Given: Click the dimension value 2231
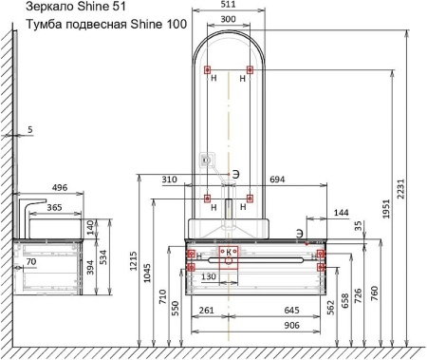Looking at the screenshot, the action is pos(400,189).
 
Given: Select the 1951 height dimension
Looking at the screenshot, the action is pos(386,209).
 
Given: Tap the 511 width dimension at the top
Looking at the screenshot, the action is pos(229,4).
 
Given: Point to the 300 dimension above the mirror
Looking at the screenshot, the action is pos(228,19).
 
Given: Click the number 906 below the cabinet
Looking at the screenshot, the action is pos(291,325).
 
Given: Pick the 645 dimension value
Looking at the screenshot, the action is pos(291,310).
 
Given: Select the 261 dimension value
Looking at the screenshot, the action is pos(207,310).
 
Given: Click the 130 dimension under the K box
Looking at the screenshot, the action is pos(209,276).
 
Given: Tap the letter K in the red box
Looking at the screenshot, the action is pos(229,252).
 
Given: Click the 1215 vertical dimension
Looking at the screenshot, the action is pos(133,261).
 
